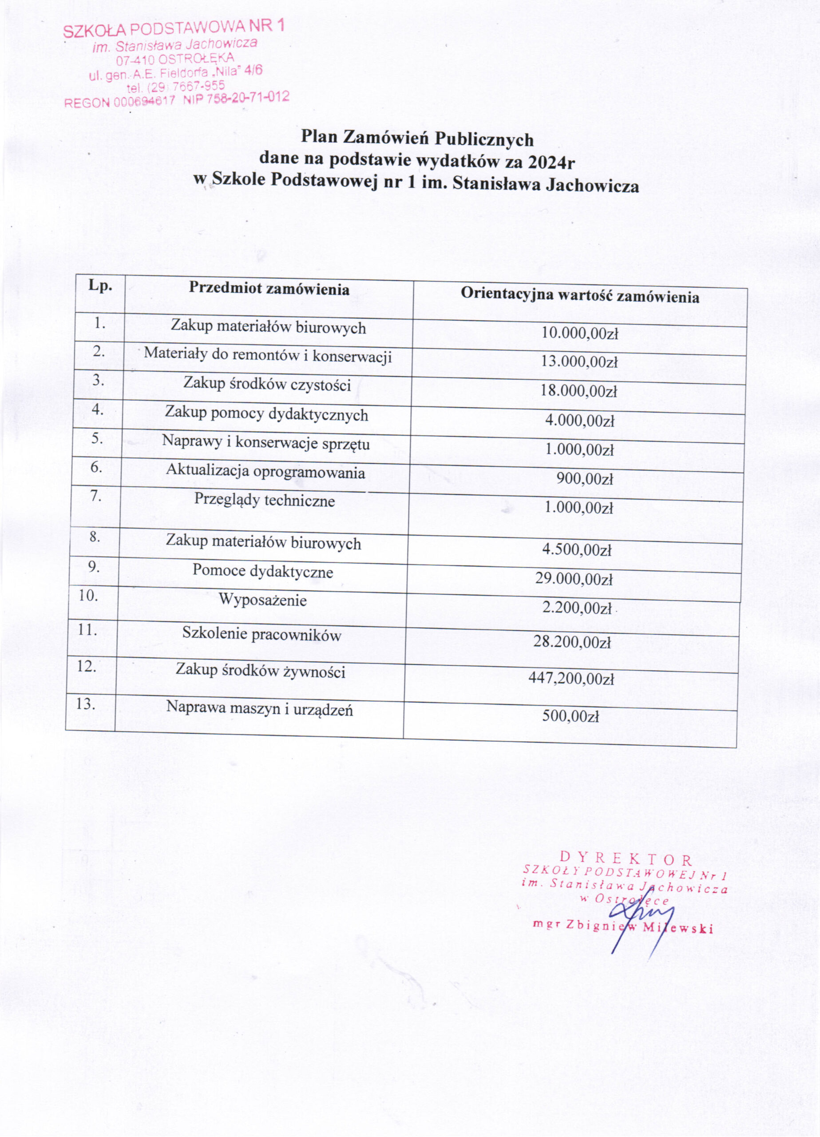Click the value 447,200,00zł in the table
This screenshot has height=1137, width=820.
coord(571,679)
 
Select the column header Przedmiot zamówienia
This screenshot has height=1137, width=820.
coord(269,289)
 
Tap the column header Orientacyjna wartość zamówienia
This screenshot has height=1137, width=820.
coord(580,296)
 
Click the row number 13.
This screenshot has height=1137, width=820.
coord(86,704)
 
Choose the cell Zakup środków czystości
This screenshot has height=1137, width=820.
coord(267,385)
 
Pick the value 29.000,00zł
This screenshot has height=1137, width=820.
coord(574,579)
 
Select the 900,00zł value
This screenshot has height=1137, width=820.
coord(585,479)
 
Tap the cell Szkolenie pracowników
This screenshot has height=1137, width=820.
coord(261,634)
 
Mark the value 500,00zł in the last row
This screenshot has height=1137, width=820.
coord(570,716)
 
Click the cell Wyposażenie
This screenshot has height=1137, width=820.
coord(263,600)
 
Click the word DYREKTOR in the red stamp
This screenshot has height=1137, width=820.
coord(626,860)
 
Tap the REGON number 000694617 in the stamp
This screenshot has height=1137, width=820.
coord(144,102)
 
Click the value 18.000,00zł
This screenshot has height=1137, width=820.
coord(578,391)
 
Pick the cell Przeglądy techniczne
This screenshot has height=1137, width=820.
coord(265,500)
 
